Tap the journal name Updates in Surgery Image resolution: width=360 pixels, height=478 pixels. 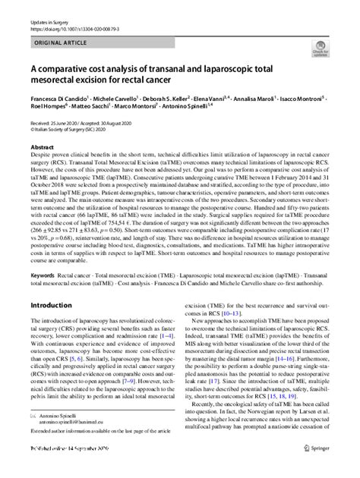tap(44, 10)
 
